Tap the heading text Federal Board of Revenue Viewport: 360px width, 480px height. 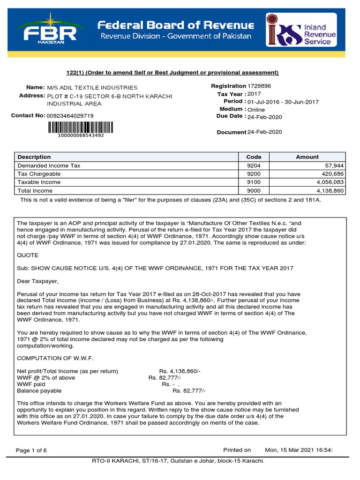tap(175, 25)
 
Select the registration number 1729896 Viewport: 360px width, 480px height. tap(259, 86)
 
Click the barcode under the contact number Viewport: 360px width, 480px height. tap(80, 127)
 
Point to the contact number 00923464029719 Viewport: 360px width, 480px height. tap(70, 116)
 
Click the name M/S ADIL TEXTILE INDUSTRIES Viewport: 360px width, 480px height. tap(92, 88)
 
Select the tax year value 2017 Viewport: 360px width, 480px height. tap(255, 94)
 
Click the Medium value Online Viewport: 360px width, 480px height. tap(256, 110)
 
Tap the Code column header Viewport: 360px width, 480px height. tap(254, 157)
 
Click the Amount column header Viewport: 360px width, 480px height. tap(307, 157)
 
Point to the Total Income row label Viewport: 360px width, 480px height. tap(35, 191)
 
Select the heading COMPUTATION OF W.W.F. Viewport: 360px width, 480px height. tap(55, 358)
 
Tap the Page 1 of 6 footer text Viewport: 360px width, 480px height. tap(31, 450)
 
